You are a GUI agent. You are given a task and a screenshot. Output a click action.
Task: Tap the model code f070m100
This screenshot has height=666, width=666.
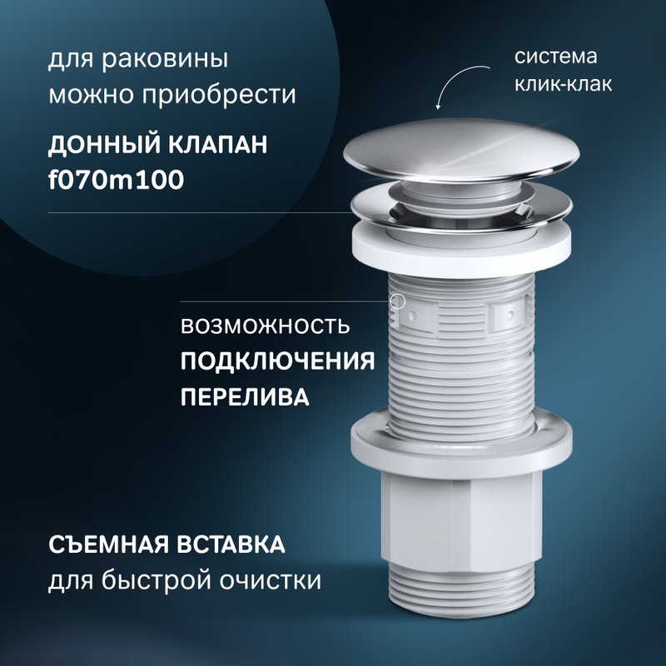[x=117, y=180]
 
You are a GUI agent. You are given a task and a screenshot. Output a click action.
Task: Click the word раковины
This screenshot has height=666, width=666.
[x=165, y=60]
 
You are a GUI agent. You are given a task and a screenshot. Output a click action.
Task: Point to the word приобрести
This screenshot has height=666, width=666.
[x=219, y=96]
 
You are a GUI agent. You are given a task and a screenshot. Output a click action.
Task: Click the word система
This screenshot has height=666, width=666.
[x=556, y=57]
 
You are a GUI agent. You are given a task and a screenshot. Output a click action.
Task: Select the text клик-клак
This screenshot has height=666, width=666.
[x=564, y=83]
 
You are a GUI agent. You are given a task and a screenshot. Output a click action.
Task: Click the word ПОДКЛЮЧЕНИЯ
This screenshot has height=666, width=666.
[x=278, y=362]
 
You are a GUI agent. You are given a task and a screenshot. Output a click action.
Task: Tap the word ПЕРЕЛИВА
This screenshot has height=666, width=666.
[x=245, y=398]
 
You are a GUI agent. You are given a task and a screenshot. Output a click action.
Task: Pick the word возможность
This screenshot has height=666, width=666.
[x=266, y=326]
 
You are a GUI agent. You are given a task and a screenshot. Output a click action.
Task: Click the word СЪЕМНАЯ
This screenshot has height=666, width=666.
[x=108, y=544]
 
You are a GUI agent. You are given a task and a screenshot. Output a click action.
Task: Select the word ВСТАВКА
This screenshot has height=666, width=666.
[x=231, y=544]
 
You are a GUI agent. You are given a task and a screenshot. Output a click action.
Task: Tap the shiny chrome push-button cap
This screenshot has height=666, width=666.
[x=461, y=150]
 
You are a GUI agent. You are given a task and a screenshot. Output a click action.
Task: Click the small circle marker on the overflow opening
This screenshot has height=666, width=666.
[x=398, y=301]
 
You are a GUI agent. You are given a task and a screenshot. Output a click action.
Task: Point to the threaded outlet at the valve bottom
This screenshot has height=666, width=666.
[x=462, y=590]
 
